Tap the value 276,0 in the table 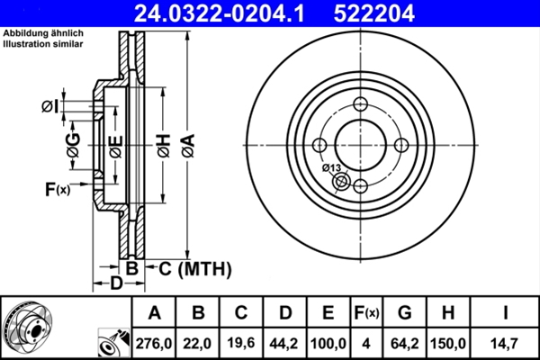point(154,342)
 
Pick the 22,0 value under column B point(199,342)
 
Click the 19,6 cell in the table point(242,342)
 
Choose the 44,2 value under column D point(285,342)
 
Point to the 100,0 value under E point(328,342)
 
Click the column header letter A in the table point(154,313)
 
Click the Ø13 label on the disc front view point(331,168)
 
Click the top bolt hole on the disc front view point(361,103)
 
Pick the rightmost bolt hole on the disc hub point(401,145)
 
